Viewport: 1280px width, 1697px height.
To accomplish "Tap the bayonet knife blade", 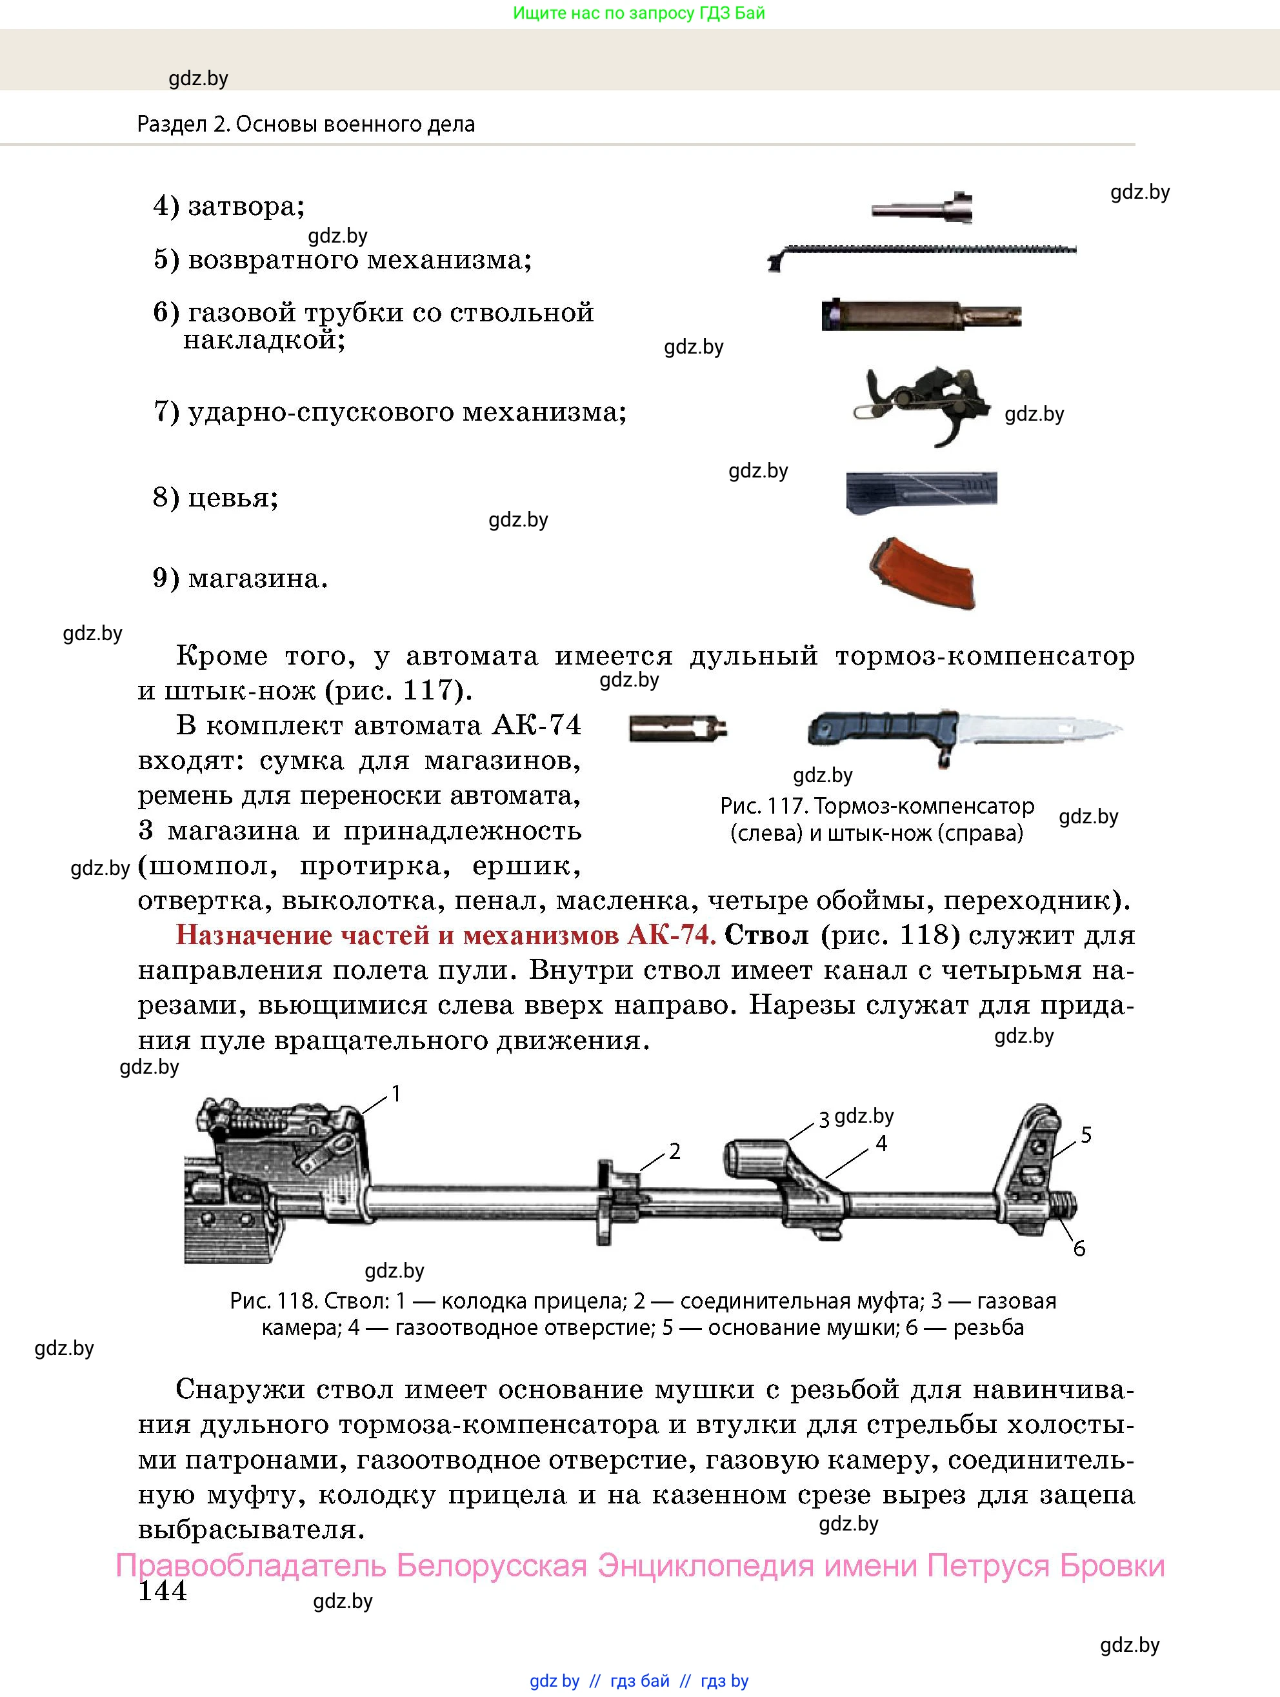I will click(1035, 728).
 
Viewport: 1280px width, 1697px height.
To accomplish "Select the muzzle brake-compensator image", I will click(677, 727).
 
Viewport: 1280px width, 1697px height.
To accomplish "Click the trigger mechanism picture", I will click(923, 402).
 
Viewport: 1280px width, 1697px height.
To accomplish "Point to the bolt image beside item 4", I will click(923, 208).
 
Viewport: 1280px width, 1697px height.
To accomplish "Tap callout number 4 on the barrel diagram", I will click(881, 1144).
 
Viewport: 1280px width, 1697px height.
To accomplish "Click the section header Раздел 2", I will click(183, 125).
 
